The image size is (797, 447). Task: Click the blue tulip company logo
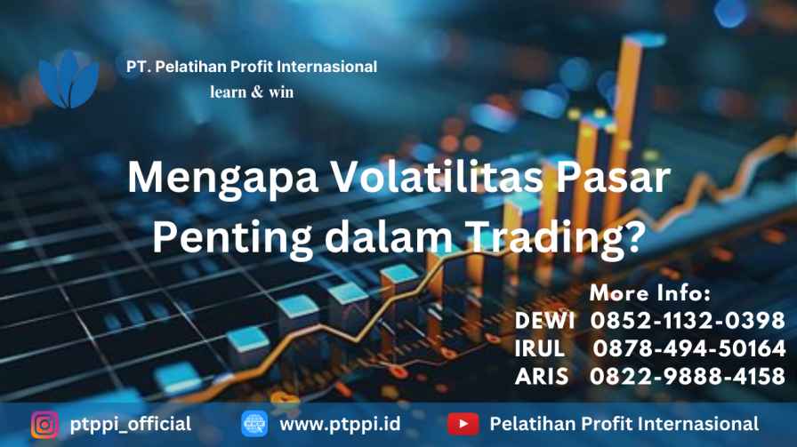(68, 79)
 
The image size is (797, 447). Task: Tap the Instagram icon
(44, 424)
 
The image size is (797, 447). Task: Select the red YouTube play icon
(463, 424)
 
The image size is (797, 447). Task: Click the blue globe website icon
(254, 424)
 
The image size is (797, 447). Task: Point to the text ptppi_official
(131, 424)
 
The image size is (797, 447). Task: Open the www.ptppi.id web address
(340, 424)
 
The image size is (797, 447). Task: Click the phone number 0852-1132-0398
(688, 321)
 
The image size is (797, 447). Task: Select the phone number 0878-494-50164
(689, 348)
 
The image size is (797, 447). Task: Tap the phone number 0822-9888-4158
(688, 377)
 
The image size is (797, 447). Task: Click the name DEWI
(545, 321)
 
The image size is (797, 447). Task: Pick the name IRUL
(540, 348)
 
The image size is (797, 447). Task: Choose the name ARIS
(542, 377)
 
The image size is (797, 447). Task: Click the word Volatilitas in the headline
(438, 177)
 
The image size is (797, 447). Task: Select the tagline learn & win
(252, 92)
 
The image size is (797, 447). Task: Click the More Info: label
(650, 292)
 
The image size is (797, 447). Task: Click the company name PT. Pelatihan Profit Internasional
(252, 67)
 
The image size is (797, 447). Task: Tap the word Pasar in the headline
(614, 177)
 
